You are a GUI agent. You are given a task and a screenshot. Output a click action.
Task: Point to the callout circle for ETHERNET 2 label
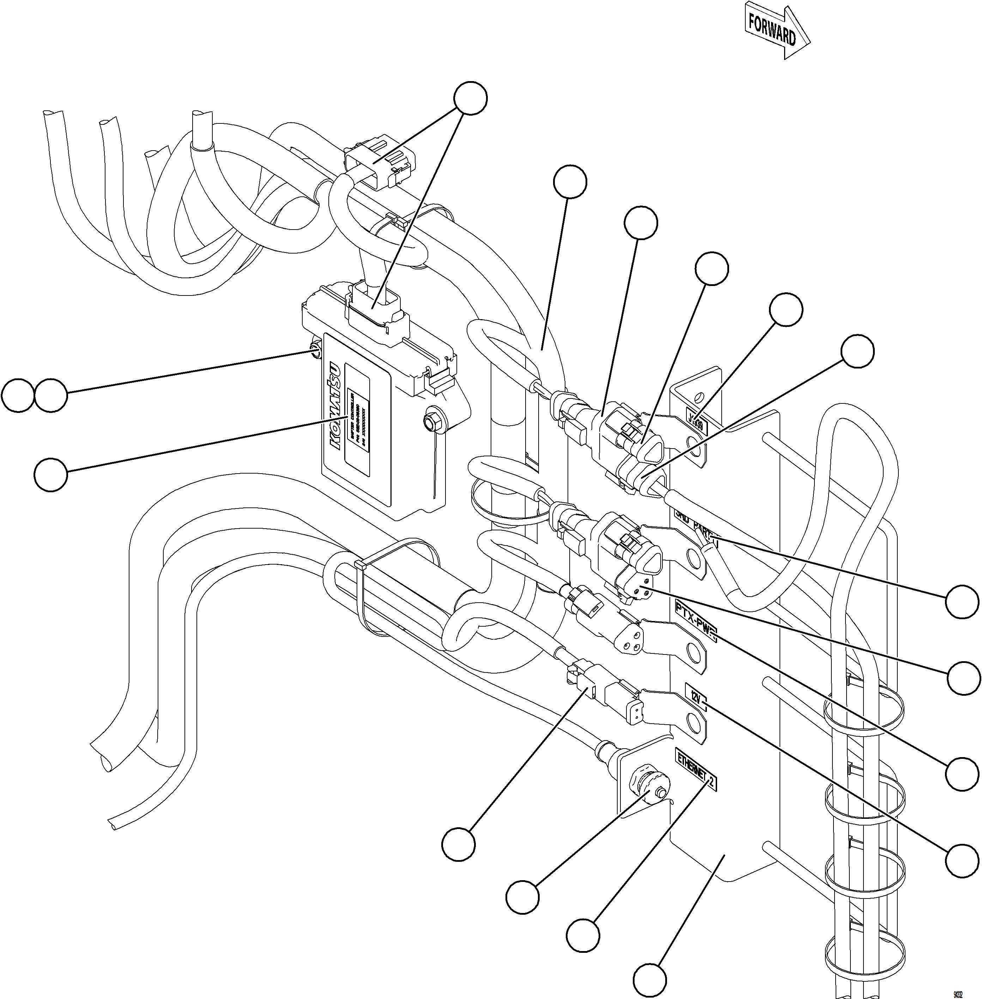[x=583, y=934]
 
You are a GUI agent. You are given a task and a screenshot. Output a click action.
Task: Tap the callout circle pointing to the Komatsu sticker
[x=51, y=475]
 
